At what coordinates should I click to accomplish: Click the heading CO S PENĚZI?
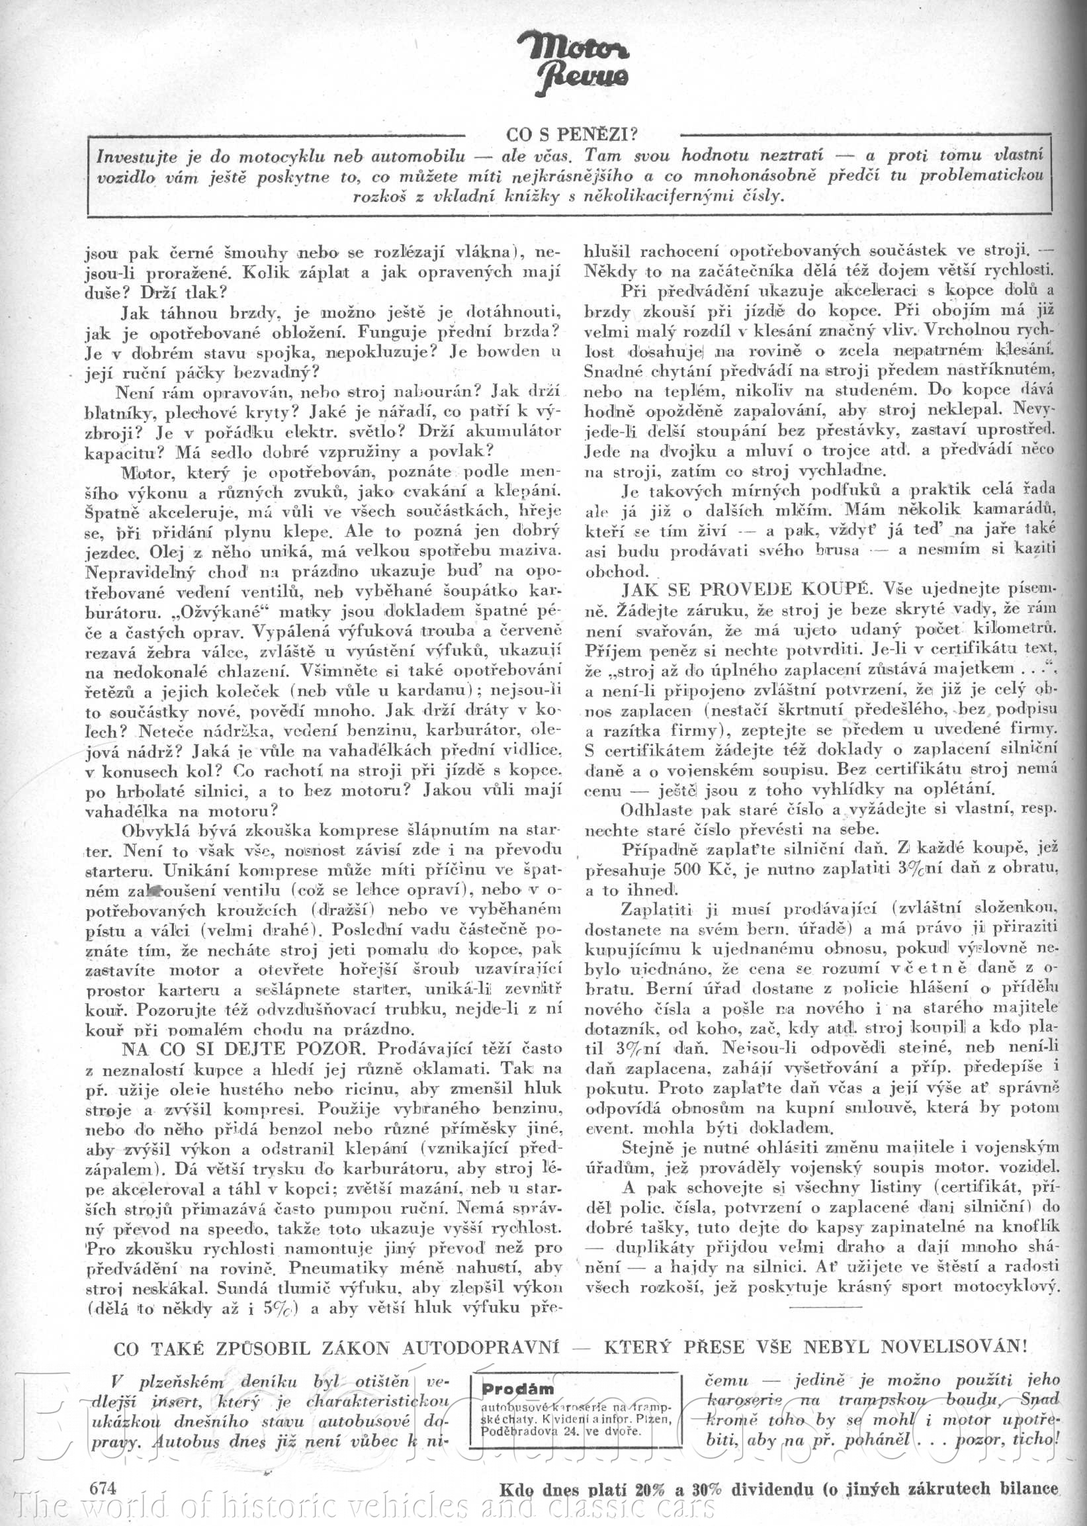click(x=571, y=134)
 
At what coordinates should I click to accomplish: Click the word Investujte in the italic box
click(x=137, y=157)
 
